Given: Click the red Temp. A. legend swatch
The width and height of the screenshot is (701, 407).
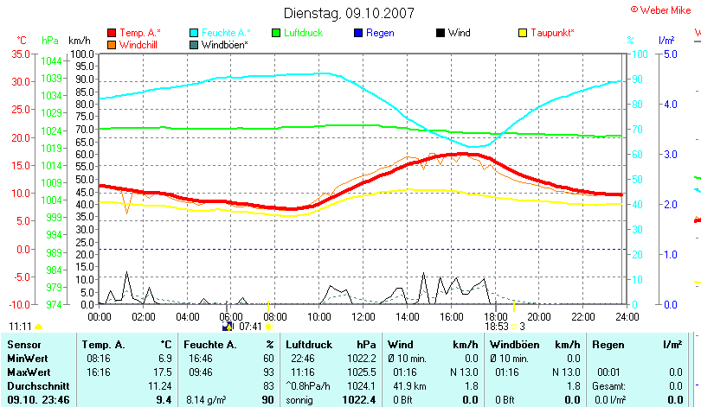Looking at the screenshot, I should click(x=112, y=33).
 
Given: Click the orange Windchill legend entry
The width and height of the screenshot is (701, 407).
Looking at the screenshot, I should click(x=138, y=44).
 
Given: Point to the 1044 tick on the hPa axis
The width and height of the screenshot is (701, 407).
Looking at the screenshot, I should click(x=51, y=60).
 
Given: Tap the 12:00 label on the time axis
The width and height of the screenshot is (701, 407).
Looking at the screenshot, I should click(x=363, y=315).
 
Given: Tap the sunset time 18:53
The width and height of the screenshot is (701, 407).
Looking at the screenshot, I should click(x=496, y=327).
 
